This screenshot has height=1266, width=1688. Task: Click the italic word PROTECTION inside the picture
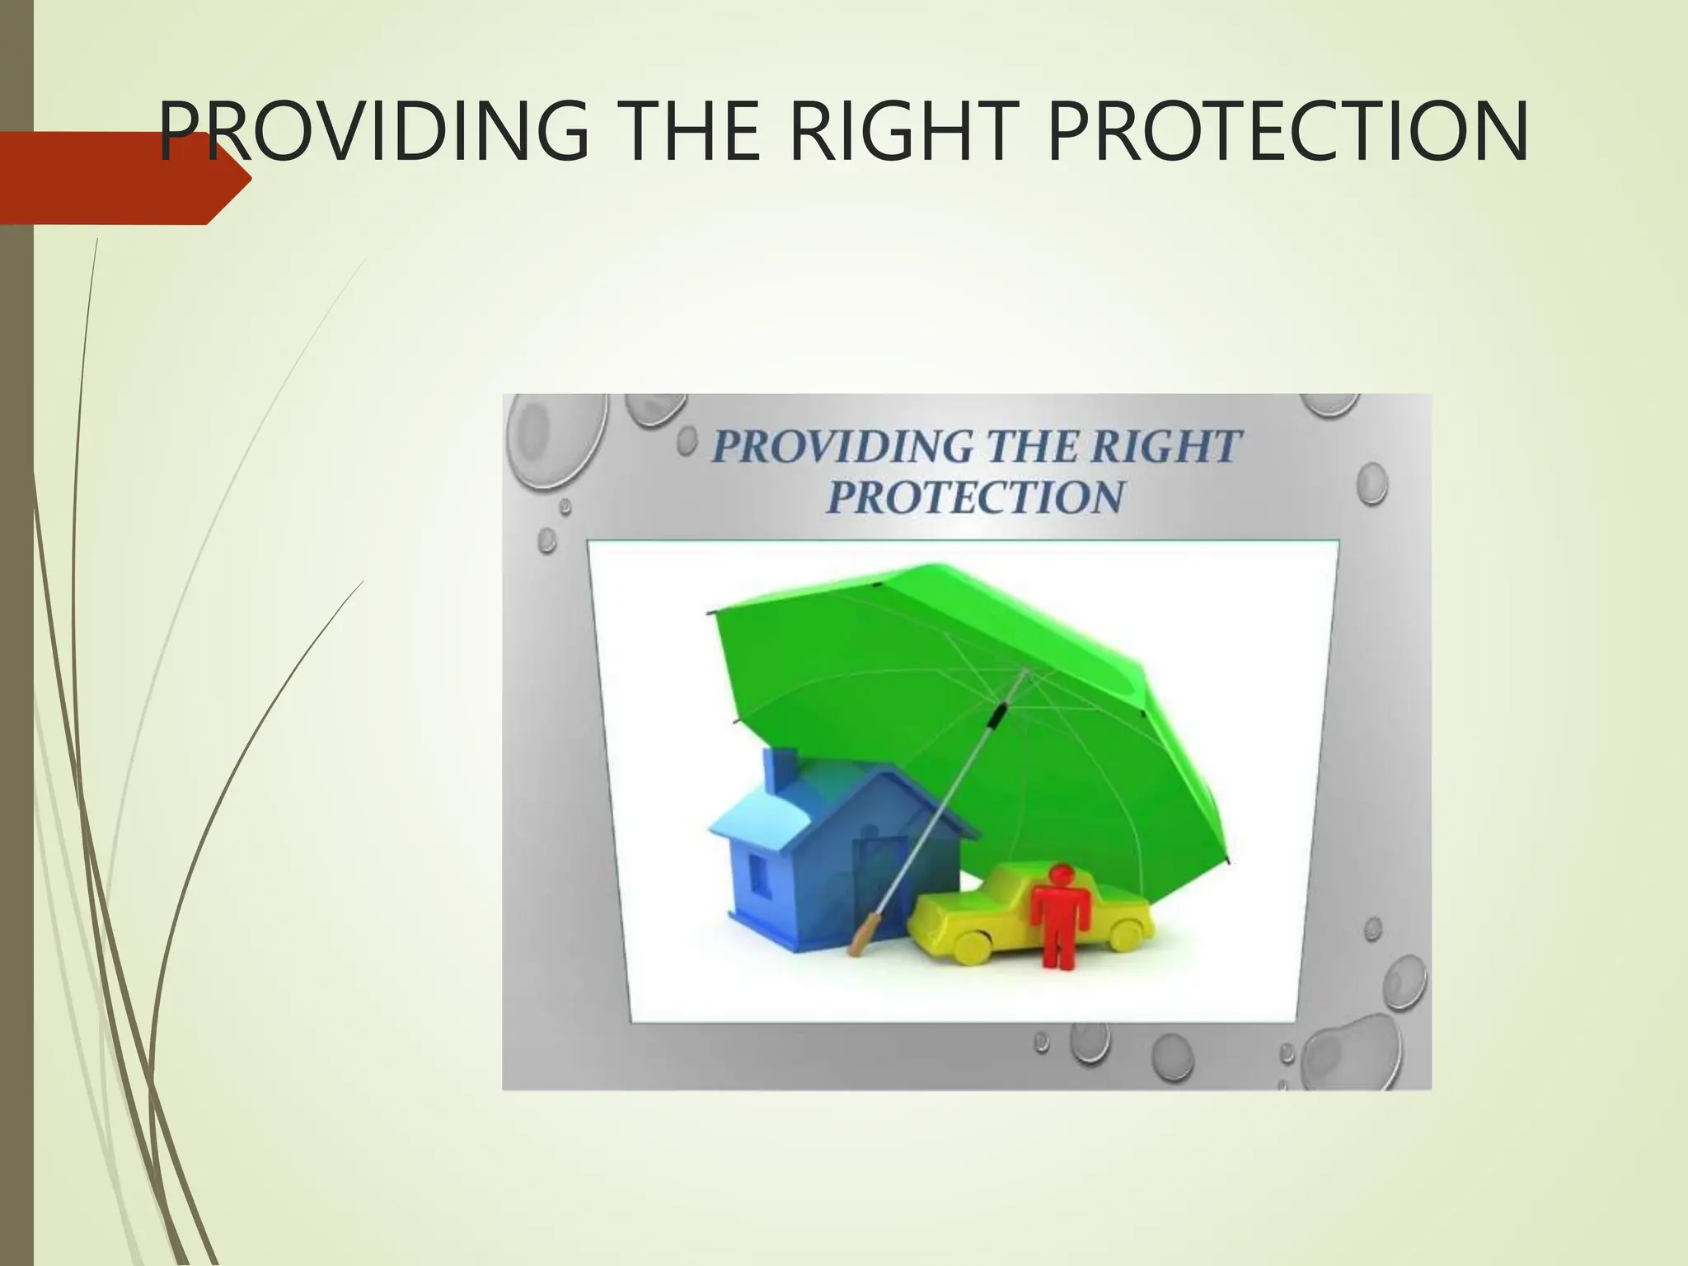(x=976, y=497)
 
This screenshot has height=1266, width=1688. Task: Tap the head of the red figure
(x=1061, y=873)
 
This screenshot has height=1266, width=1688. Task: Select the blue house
(x=824, y=857)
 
